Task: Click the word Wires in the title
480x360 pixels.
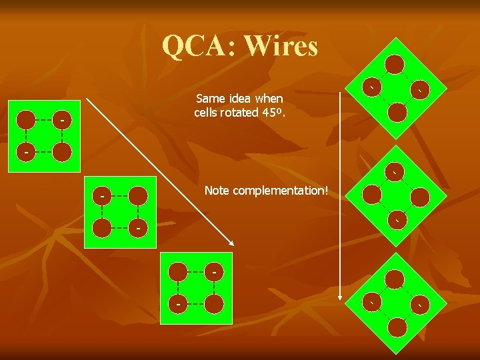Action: [281, 46]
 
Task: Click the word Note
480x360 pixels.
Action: [216, 191]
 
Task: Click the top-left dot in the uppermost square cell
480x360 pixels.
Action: [26, 120]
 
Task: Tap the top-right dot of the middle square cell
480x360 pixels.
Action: [138, 195]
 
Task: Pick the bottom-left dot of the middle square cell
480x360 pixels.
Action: [102, 228]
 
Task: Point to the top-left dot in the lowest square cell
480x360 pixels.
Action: [178, 272]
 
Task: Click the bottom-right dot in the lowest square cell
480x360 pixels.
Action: [214, 304]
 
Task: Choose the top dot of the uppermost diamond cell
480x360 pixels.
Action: [395, 64]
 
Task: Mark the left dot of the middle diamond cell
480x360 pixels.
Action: [372, 194]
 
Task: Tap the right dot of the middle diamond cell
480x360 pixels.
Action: [420, 197]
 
